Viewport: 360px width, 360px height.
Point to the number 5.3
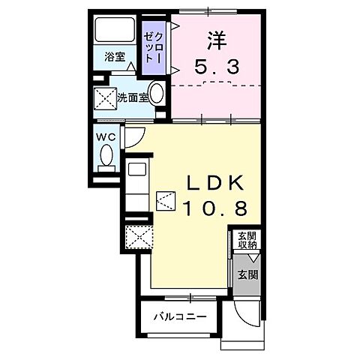[x=217, y=68]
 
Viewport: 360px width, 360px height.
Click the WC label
[x=104, y=137]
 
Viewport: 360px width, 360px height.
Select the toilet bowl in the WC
[x=106, y=157]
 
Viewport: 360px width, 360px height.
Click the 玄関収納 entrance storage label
[x=247, y=240]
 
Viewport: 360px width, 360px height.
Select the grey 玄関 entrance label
[x=247, y=274]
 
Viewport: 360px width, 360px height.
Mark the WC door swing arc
[x=133, y=137]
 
